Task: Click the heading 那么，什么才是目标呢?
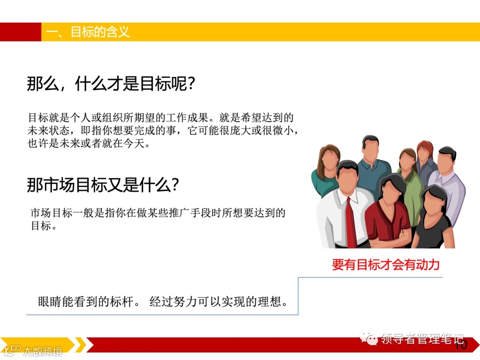pos(111,83)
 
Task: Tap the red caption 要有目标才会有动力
pos(386,265)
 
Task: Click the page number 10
pos(461,345)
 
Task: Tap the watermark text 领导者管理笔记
pos(422,339)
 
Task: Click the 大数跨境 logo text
pos(42,351)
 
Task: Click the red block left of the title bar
pos(20,32)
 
